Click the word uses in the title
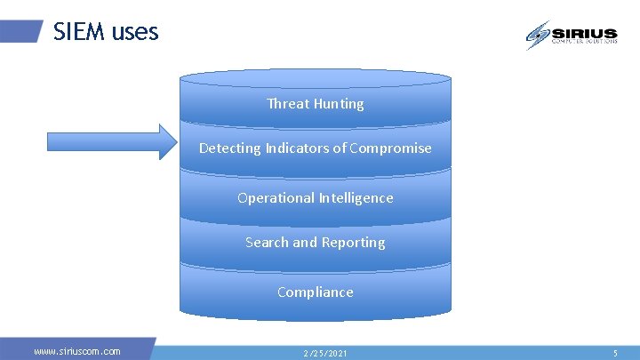click(x=135, y=33)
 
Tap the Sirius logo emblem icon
click(x=537, y=35)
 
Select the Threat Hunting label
click(x=315, y=104)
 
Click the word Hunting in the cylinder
click(x=338, y=104)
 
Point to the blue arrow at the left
click(x=112, y=141)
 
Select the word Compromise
click(x=390, y=148)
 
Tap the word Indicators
click(x=297, y=148)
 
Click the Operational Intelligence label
click(x=315, y=198)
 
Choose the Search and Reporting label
click(x=315, y=243)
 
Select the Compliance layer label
click(x=315, y=292)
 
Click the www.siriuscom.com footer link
click(x=76, y=352)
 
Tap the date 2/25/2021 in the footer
click(x=324, y=354)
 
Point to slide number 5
click(x=614, y=354)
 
